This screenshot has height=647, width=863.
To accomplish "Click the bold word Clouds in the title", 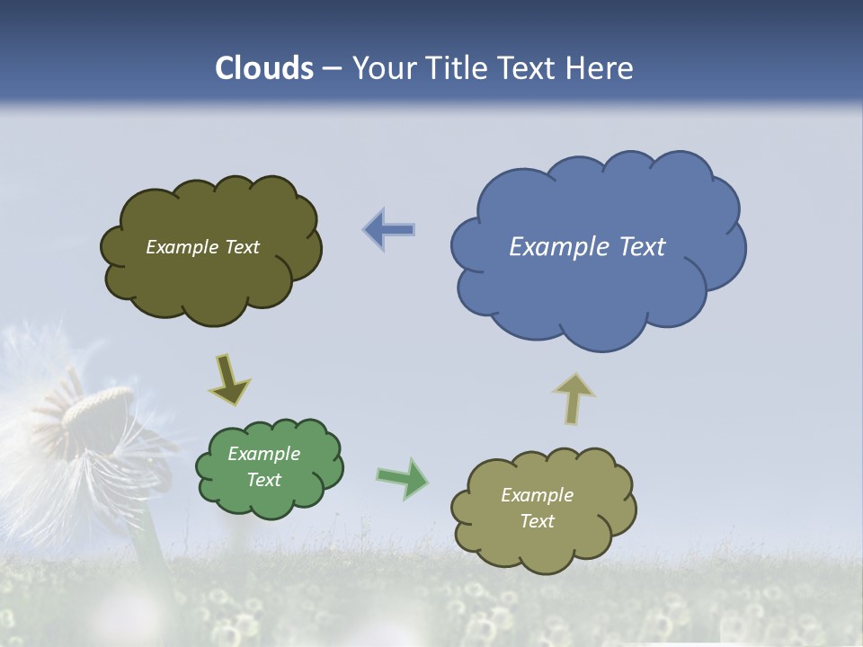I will point(264,68).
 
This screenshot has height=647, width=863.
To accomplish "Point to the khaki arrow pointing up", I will point(574,398).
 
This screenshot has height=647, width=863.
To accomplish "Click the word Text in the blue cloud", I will point(642,247).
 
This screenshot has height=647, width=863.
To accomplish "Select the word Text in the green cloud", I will point(264,480).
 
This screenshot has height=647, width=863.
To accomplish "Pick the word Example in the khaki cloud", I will point(537,495).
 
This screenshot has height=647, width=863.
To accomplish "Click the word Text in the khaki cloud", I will point(537,521).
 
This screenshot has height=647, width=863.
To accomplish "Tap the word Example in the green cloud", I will point(264,454).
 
